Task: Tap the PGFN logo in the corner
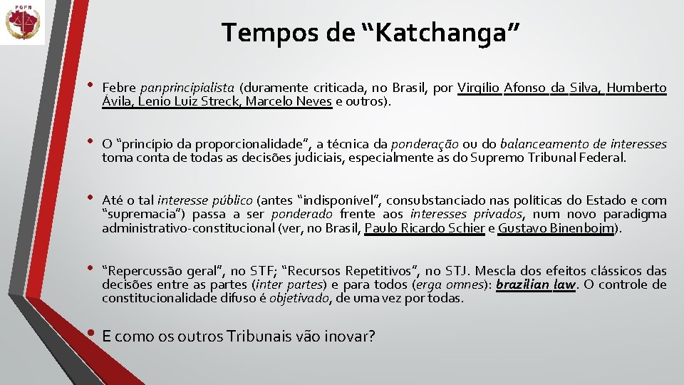(x=22, y=22)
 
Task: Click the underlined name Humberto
(x=636, y=88)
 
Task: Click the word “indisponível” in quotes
(x=336, y=200)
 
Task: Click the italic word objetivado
(x=299, y=299)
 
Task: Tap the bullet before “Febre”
(x=90, y=86)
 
